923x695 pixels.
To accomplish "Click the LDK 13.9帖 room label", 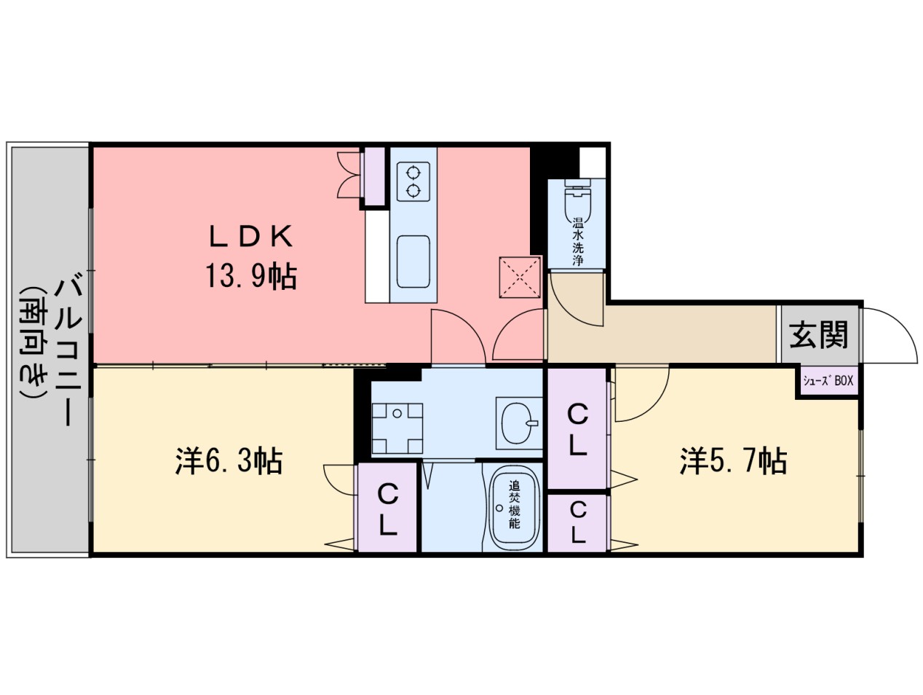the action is coord(251,256).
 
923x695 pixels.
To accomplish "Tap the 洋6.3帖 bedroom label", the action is coord(229,460).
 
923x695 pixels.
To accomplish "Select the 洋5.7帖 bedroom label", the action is coord(733,460).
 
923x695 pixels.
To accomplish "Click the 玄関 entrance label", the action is coord(818,334).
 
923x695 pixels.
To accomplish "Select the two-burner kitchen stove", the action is coord(413,181).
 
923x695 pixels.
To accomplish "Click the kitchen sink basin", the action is coord(413,262).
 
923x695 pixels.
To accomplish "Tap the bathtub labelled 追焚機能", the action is coord(514,507).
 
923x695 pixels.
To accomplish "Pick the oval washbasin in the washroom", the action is coord(520,423).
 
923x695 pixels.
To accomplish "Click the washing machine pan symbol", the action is coord(397,428).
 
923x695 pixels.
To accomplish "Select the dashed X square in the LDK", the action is coord(520,277).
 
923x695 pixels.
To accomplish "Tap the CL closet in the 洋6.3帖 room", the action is coord(387,507).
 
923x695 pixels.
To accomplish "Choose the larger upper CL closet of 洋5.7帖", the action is coord(578,428).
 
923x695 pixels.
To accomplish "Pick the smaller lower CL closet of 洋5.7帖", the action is coord(578,522).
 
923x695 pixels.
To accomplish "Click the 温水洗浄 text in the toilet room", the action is coord(578,241).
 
